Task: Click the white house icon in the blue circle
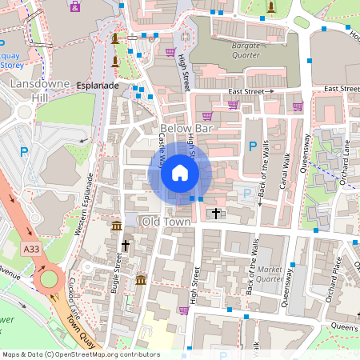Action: [180, 173]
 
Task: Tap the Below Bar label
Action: [186, 128]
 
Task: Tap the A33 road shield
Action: [31, 250]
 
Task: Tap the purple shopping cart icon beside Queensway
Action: [298, 106]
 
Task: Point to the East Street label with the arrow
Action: [250, 92]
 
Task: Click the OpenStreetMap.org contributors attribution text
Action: [104, 354]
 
